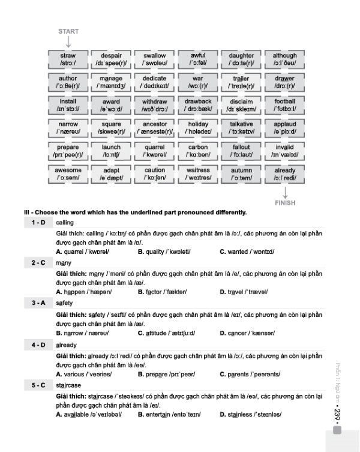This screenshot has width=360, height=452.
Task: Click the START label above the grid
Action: pyautogui.click(x=68, y=31)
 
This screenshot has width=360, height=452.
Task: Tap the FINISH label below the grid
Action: pyautogui.click(x=285, y=203)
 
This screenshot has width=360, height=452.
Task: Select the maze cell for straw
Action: pyautogui.click(x=68, y=59)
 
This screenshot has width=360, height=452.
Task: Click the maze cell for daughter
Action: pyautogui.click(x=241, y=59)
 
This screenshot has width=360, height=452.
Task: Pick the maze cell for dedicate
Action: pyautogui.click(x=154, y=82)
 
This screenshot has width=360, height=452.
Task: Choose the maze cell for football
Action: pyautogui.click(x=284, y=105)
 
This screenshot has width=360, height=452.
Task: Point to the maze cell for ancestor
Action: pyautogui.click(x=154, y=128)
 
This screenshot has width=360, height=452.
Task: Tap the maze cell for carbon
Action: pyautogui.click(x=198, y=151)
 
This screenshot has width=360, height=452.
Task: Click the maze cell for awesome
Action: pyautogui.click(x=68, y=173)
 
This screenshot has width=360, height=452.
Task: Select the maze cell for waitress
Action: pyautogui.click(x=198, y=173)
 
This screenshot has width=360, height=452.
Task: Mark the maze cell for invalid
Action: pyautogui.click(x=284, y=151)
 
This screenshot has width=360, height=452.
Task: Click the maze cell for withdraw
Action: pyautogui.click(x=154, y=105)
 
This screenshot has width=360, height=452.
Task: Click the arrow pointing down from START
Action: pyautogui.click(x=68, y=42)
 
